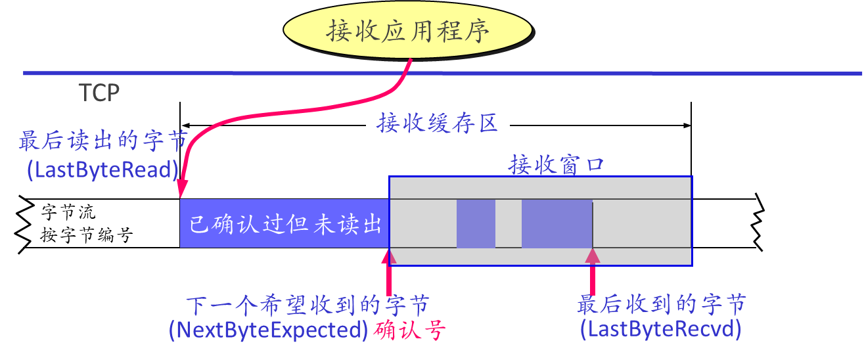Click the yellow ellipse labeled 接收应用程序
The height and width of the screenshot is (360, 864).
(x=408, y=31)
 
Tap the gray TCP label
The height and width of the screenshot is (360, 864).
(x=99, y=93)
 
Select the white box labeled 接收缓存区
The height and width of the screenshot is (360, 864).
(x=438, y=123)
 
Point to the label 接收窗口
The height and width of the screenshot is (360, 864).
(x=556, y=165)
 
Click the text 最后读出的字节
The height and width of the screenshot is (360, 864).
(x=103, y=141)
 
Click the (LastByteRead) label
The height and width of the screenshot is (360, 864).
(x=102, y=170)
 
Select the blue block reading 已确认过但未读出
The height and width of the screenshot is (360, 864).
(x=284, y=224)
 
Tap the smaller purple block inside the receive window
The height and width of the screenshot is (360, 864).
(x=476, y=224)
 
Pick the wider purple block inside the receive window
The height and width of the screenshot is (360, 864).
(x=557, y=224)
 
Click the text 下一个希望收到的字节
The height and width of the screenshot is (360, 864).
(x=307, y=305)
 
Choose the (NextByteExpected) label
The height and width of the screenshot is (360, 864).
(x=268, y=330)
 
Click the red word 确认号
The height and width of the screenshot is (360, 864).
(x=408, y=330)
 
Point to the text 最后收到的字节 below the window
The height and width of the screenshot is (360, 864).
(x=662, y=305)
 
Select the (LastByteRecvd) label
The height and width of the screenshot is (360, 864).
(x=660, y=329)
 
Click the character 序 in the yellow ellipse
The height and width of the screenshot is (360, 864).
(x=478, y=31)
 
